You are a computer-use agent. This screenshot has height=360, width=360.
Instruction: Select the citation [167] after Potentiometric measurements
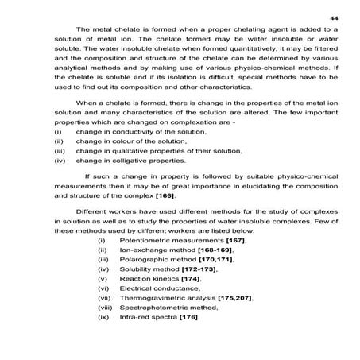pos(233,239)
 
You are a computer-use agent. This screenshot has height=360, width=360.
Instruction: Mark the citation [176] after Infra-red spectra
pos(188,317)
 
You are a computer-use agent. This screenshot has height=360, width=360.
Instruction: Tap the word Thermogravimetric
pos(152,298)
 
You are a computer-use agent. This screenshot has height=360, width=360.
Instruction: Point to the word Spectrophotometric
pos(154,308)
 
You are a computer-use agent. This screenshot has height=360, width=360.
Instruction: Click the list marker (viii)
pos(104,308)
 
